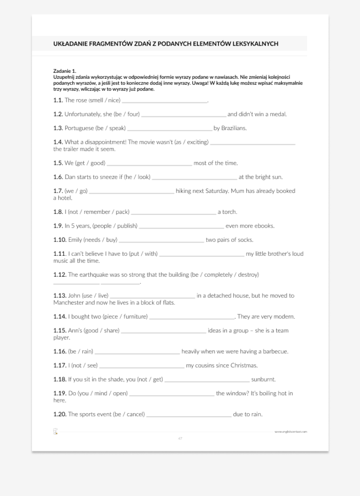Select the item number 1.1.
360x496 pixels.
(58, 100)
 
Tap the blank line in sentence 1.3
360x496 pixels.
(169, 129)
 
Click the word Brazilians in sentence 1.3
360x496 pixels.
(233, 128)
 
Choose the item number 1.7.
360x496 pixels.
(58, 191)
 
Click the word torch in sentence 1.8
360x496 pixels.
(229, 212)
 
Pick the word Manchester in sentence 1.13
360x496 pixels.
(68, 303)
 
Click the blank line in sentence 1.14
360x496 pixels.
(192, 317)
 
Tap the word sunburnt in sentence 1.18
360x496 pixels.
(263, 379)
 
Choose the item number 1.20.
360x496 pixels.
(60, 414)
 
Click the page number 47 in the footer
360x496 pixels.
(180, 438)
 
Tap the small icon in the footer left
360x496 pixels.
(55, 432)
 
